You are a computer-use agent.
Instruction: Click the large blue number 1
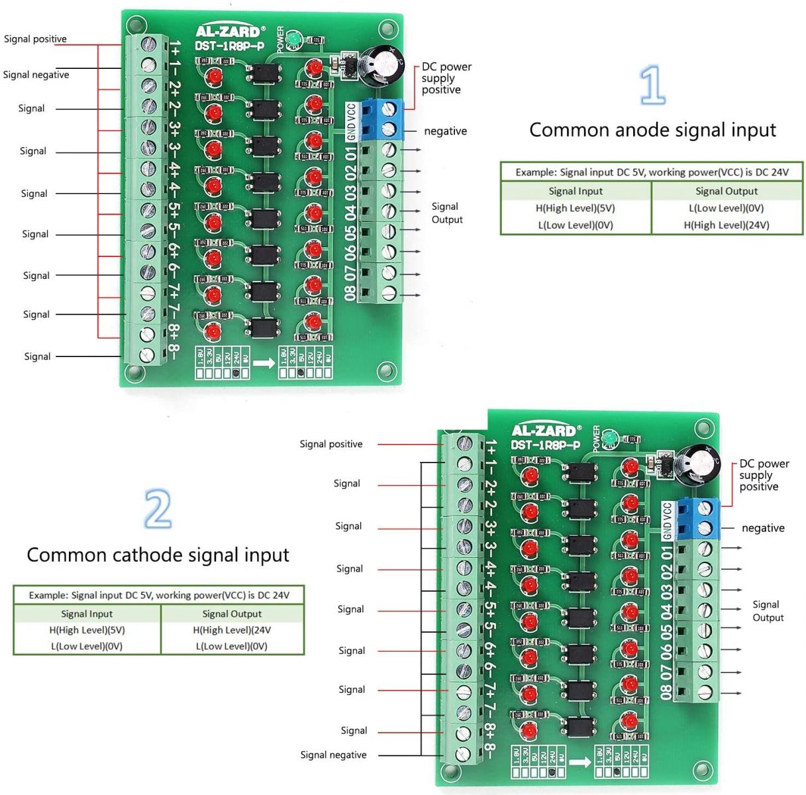[653, 84]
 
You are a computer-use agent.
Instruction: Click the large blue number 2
[158, 508]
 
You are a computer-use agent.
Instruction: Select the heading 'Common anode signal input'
[652, 130]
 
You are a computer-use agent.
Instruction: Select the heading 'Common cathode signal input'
[158, 555]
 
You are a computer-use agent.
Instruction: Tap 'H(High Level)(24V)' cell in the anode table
[726, 225]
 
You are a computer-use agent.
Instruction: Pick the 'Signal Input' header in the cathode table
[87, 613]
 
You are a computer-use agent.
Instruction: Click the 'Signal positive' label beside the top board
[35, 39]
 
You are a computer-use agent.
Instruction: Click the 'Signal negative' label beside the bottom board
[333, 755]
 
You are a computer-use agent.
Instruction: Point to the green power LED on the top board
[294, 40]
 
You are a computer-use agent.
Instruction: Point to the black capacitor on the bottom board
[701, 464]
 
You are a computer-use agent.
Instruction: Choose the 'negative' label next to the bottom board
[763, 528]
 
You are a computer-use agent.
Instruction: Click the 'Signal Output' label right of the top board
[446, 213]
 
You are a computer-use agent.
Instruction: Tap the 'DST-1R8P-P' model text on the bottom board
[545, 445]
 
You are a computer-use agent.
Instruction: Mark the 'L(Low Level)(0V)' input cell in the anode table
[575, 225]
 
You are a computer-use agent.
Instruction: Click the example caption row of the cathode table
[159, 595]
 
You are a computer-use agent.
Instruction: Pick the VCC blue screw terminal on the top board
[390, 109]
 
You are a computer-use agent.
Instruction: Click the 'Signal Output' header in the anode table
[726, 191]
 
